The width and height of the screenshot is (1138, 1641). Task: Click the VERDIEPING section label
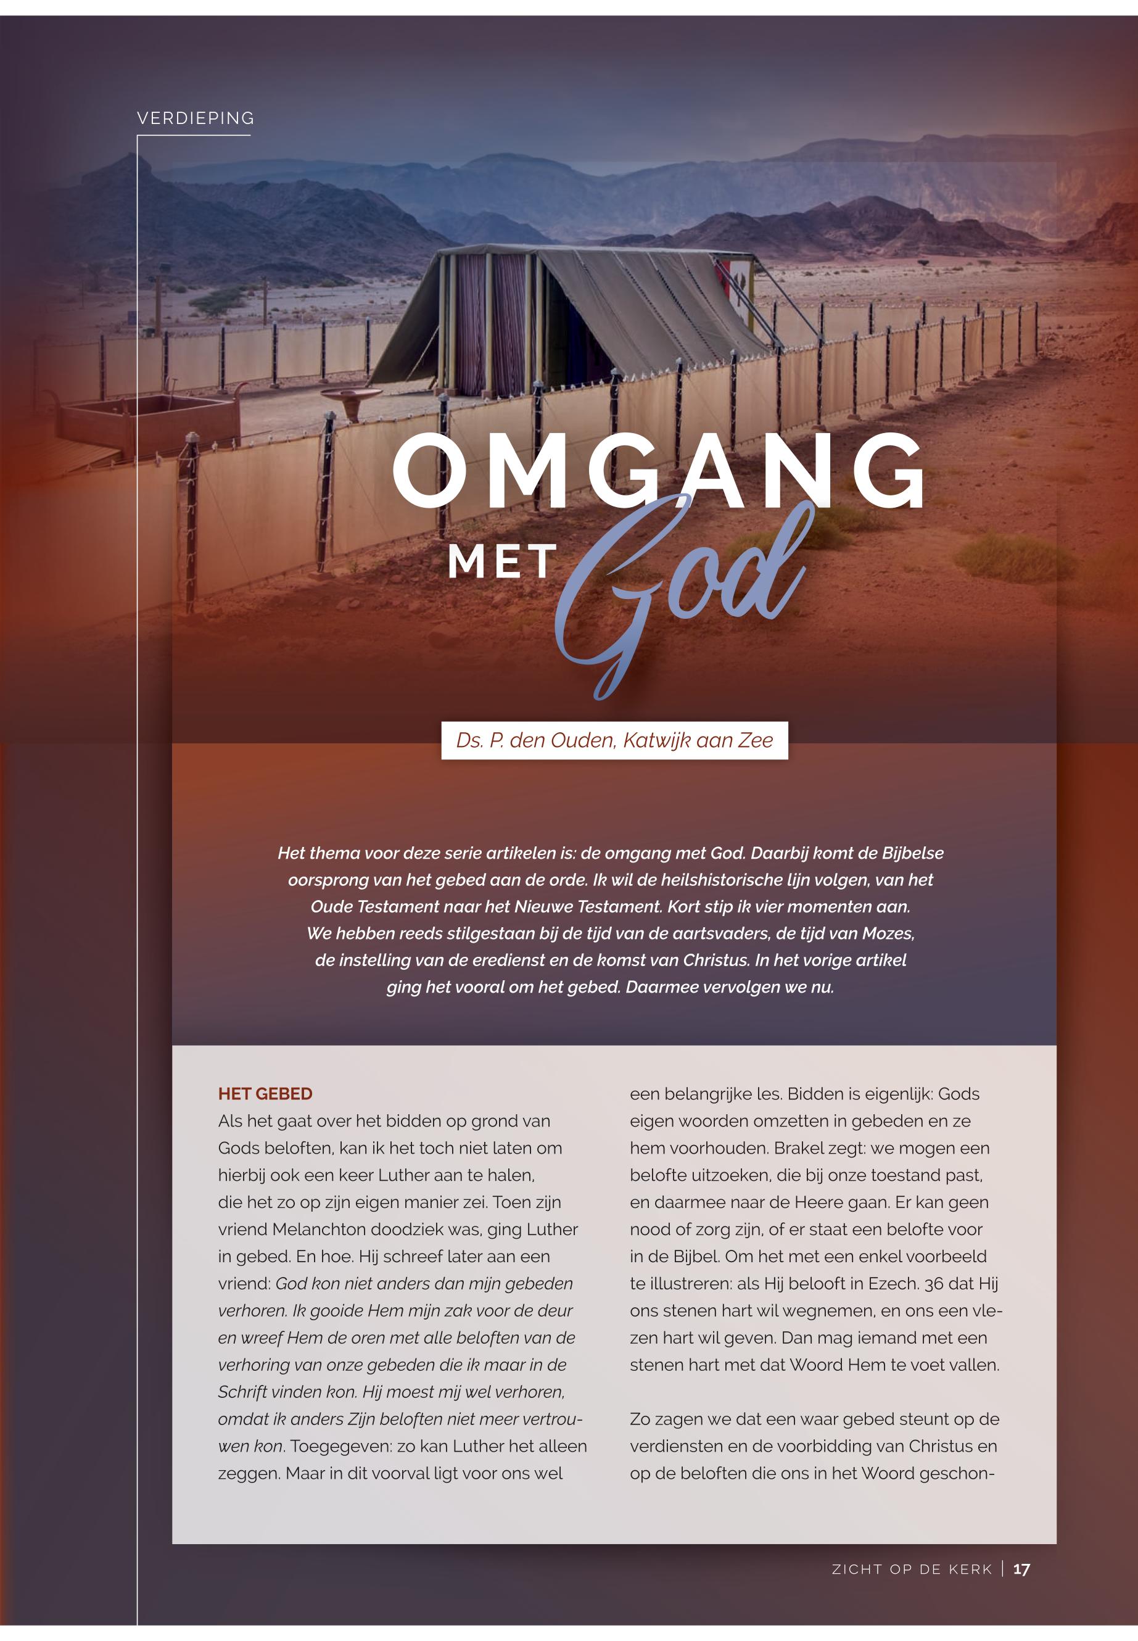[x=196, y=118]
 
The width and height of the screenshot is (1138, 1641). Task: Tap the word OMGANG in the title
[x=659, y=472]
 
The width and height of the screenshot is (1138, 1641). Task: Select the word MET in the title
[x=502, y=561]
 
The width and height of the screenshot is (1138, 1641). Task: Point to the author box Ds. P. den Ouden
[x=614, y=740]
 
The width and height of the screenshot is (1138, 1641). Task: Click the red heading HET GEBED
[x=265, y=1094]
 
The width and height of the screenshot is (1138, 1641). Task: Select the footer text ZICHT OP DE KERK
[x=912, y=1569]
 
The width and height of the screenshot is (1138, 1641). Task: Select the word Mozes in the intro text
[x=888, y=933]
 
